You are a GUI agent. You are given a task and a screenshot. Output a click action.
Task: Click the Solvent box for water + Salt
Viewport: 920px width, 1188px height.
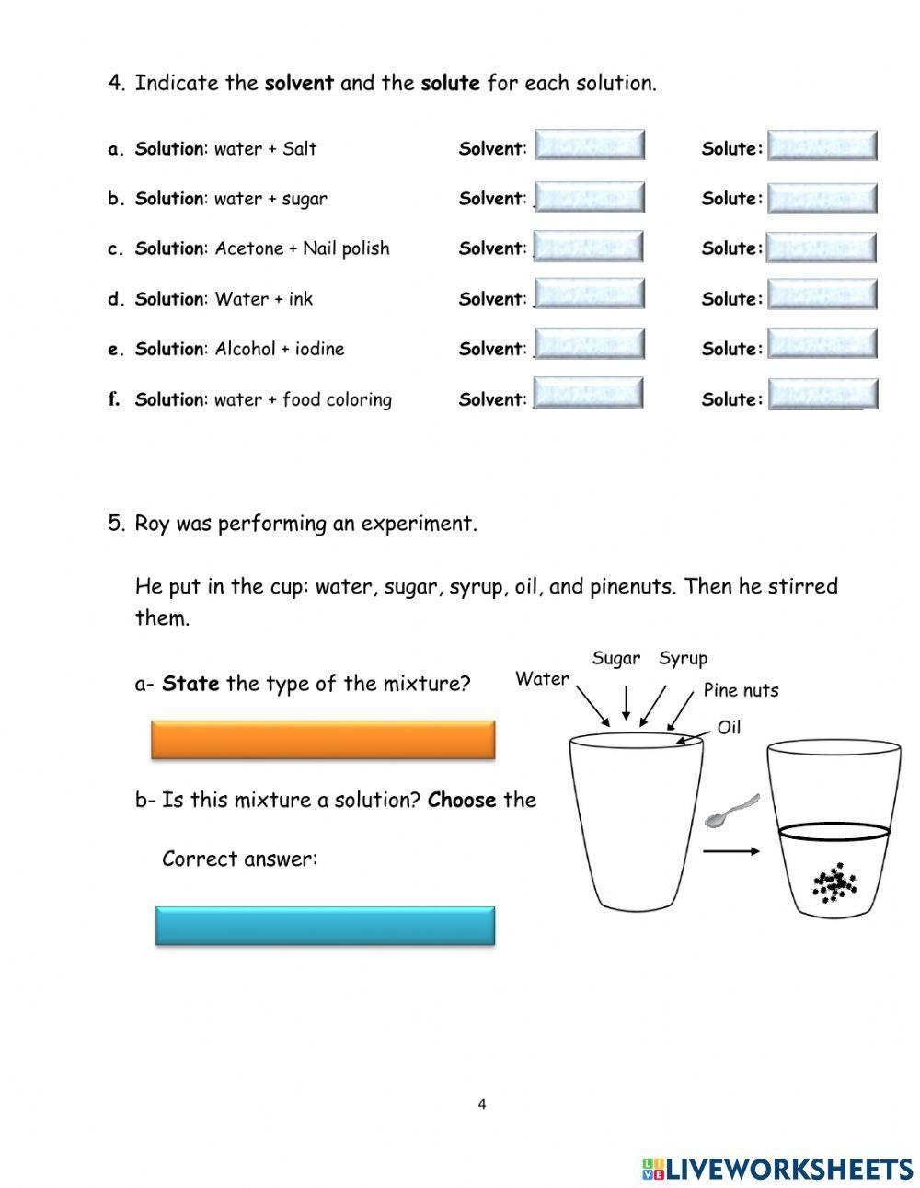point(590,145)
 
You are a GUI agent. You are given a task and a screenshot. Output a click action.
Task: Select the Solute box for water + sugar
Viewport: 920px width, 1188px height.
point(822,197)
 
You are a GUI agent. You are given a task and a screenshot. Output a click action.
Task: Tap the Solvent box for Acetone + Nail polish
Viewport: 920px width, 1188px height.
point(589,247)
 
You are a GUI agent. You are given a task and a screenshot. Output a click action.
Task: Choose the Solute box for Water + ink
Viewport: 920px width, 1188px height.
point(822,295)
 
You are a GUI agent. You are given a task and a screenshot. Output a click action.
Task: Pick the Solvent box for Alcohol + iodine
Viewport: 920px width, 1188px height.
point(590,344)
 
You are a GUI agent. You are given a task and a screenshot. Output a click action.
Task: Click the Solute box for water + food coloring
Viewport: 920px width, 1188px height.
point(822,395)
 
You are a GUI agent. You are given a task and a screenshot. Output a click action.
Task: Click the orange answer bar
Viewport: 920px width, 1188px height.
point(322,740)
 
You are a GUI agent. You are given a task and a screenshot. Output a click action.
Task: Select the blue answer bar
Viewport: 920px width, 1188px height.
point(325,926)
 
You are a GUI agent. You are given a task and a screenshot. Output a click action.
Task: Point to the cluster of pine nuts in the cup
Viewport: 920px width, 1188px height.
point(834,883)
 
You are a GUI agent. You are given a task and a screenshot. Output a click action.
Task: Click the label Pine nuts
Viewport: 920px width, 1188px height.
point(741,690)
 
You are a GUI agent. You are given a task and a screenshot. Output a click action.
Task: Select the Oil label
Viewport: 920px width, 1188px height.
point(729,728)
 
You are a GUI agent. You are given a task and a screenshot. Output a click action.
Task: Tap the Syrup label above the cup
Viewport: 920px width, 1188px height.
point(683,658)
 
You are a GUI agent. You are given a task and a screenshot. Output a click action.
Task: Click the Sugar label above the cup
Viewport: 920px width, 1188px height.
point(615,658)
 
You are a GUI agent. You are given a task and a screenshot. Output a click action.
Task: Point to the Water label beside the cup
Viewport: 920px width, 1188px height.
point(542,679)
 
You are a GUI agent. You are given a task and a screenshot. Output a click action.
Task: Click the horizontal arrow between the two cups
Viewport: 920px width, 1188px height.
point(731,851)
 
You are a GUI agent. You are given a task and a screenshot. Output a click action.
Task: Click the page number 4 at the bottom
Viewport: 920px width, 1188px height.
point(481,1104)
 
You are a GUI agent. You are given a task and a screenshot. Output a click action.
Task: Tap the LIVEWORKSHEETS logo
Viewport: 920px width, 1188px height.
point(777,1169)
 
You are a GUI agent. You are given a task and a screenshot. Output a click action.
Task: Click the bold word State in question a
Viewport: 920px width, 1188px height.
point(190,684)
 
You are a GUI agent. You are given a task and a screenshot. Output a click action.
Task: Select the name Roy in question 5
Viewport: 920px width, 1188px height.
point(152,524)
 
